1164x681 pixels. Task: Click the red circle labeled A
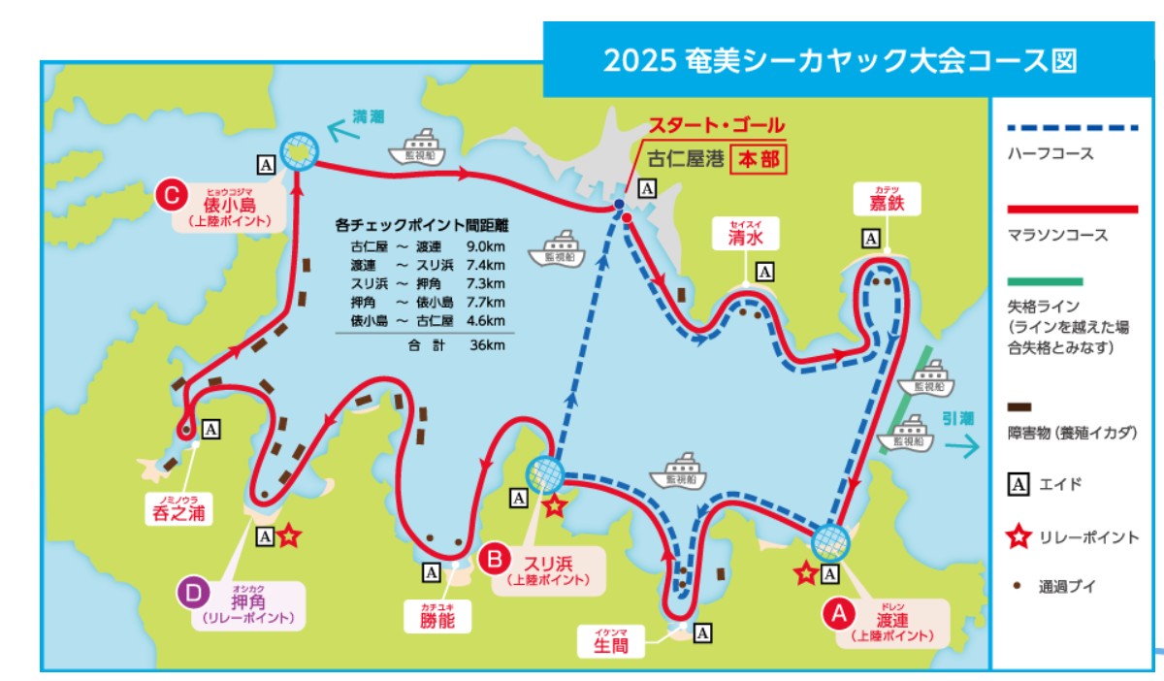point(838,612)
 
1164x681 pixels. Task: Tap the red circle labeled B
point(495,560)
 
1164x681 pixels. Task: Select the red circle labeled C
point(171,196)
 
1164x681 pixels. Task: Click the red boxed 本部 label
point(759,158)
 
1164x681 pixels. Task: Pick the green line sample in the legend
point(1045,281)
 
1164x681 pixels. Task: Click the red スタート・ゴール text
point(716,126)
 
